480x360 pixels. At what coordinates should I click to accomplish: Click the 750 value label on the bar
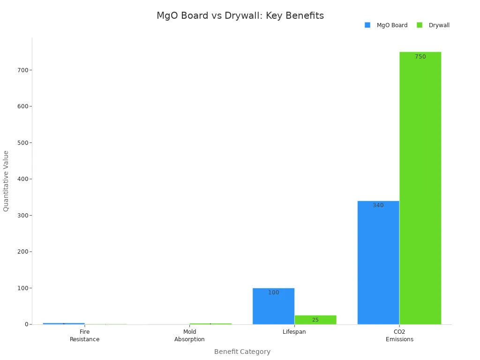click(x=420, y=57)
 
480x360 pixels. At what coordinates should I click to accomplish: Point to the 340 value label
click(x=378, y=205)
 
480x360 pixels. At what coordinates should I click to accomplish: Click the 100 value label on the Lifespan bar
click(x=273, y=292)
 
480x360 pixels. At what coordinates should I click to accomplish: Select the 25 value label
click(x=315, y=320)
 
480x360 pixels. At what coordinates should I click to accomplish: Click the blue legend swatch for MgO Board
click(x=367, y=25)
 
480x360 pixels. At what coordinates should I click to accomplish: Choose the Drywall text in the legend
click(x=439, y=25)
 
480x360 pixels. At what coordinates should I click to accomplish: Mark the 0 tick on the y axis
click(x=26, y=324)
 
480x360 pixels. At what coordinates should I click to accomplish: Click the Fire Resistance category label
click(x=84, y=336)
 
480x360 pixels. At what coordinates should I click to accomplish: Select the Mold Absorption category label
click(x=189, y=336)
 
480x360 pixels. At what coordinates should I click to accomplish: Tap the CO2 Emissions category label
click(x=399, y=336)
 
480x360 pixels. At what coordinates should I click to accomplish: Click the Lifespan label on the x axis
click(x=294, y=332)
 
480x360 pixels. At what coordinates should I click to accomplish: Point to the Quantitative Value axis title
click(x=6, y=181)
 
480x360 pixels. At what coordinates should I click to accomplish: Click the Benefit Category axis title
click(x=242, y=352)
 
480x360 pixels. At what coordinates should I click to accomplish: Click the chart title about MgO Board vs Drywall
click(x=240, y=15)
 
